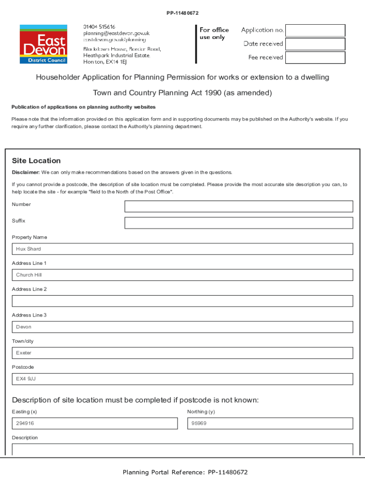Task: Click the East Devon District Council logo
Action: tap(43, 44)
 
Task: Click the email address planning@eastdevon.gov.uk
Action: tap(116, 33)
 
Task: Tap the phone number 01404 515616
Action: tap(99, 27)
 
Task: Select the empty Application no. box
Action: tap(315, 30)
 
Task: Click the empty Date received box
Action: tap(315, 44)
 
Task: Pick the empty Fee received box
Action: tap(315, 57)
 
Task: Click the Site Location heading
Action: tap(36, 161)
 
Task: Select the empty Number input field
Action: tap(238, 206)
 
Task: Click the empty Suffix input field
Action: tap(238, 223)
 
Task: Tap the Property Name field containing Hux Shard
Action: tap(182, 249)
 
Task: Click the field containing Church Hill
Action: tap(182, 275)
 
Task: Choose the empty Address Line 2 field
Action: tap(182, 301)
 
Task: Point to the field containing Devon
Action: tap(182, 327)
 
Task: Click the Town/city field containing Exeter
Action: tap(182, 353)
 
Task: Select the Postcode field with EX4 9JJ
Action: tap(182, 379)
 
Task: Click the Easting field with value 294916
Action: tap(95, 423)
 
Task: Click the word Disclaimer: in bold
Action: tap(26, 172)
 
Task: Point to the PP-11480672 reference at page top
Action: tap(182, 13)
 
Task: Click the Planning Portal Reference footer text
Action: tap(185, 472)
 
